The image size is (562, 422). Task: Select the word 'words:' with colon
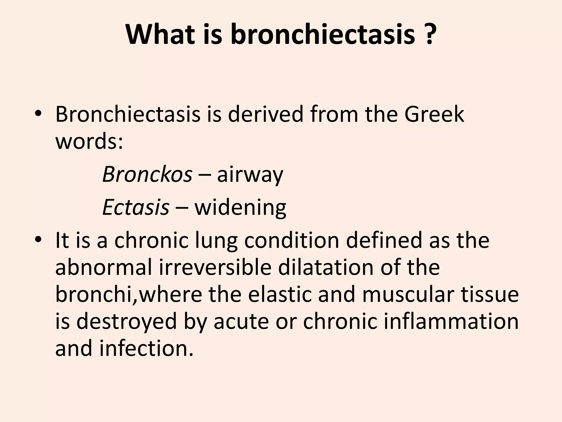89,142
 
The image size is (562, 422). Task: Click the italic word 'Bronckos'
147,174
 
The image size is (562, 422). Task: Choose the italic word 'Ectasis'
136,207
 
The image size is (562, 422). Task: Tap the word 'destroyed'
126,322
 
